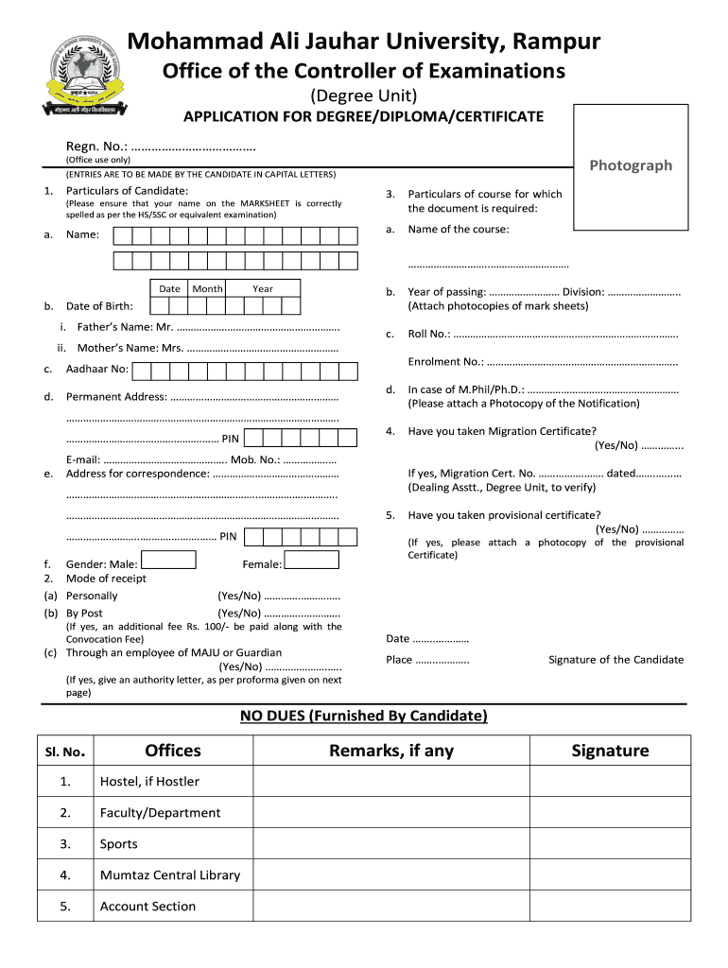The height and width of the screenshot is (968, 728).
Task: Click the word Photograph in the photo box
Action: [631, 165]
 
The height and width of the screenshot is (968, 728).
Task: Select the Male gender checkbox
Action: [168, 561]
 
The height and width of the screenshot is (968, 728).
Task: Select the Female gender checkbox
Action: [312, 561]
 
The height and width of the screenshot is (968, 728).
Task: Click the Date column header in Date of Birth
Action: [169, 288]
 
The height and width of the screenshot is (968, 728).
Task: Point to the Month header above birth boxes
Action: [207, 288]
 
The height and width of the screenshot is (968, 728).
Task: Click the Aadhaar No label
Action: [96, 370]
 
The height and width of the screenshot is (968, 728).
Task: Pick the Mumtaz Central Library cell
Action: [170, 875]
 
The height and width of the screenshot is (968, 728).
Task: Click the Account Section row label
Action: [147, 907]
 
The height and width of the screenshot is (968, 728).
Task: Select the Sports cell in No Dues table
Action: [119, 844]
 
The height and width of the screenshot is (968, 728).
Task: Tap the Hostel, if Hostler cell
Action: [149, 782]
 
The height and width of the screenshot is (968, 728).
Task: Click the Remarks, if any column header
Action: [390, 751]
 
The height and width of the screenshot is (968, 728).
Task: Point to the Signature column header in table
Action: [610, 751]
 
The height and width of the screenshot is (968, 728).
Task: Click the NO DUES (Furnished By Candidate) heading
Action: [364, 716]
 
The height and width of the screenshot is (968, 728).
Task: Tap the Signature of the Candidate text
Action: [615, 660]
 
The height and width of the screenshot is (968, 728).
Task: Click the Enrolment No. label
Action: [445, 361]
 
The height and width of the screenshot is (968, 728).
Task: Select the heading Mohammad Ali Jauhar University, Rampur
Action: [364, 42]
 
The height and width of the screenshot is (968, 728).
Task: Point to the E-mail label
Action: [83, 459]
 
